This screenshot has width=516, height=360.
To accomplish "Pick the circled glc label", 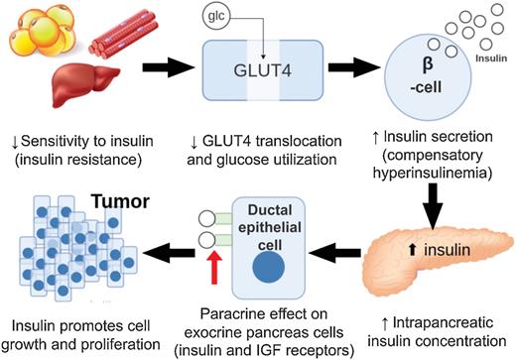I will [215, 17].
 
